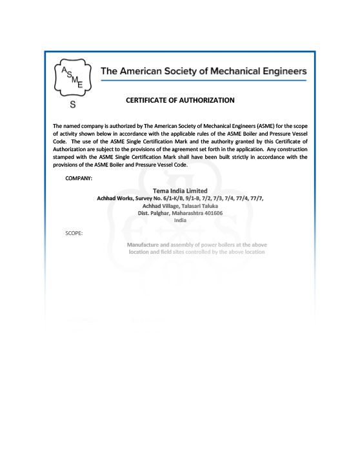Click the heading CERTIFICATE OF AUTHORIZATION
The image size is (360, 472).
(180, 100)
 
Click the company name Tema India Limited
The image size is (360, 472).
(180, 191)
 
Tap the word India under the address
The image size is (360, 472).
(180, 220)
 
